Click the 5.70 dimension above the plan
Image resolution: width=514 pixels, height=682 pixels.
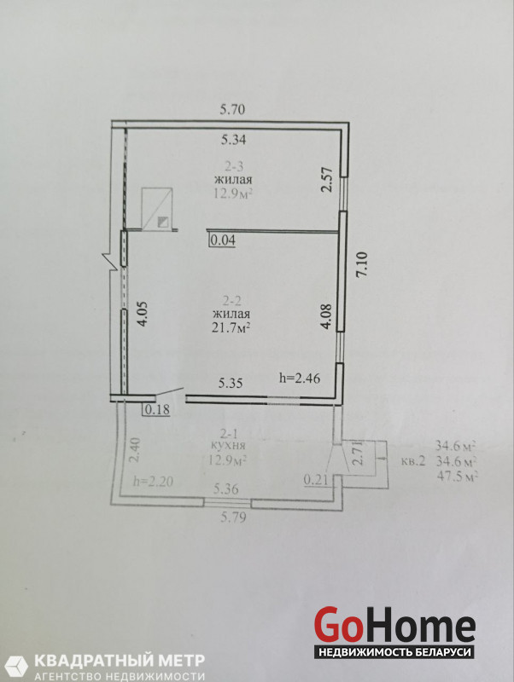pyautogui.click(x=232, y=109)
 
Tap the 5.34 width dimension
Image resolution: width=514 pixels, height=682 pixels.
pyautogui.click(x=233, y=140)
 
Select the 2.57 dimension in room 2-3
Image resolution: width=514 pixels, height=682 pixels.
pyautogui.click(x=328, y=180)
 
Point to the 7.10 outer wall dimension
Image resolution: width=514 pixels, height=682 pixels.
pyautogui.click(x=363, y=266)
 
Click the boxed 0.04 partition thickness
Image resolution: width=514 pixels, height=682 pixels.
pyautogui.click(x=223, y=240)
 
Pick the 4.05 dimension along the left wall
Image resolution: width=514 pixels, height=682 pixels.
pyautogui.click(x=143, y=315)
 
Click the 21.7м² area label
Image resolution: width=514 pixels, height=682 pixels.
pyautogui.click(x=231, y=327)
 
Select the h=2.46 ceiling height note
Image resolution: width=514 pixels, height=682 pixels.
pyautogui.click(x=300, y=378)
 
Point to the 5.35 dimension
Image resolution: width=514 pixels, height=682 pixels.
pyautogui.click(x=231, y=383)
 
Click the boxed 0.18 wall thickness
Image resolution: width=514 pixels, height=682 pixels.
pyautogui.click(x=157, y=410)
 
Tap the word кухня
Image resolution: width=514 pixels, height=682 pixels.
pyautogui.click(x=228, y=446)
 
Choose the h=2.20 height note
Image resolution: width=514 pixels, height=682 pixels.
pyautogui.click(x=154, y=482)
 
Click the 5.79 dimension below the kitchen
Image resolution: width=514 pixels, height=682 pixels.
pyautogui.click(x=233, y=517)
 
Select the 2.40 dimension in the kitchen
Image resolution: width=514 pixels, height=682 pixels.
pyautogui.click(x=136, y=451)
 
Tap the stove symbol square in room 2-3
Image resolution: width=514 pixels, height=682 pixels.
pyautogui.click(x=158, y=209)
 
